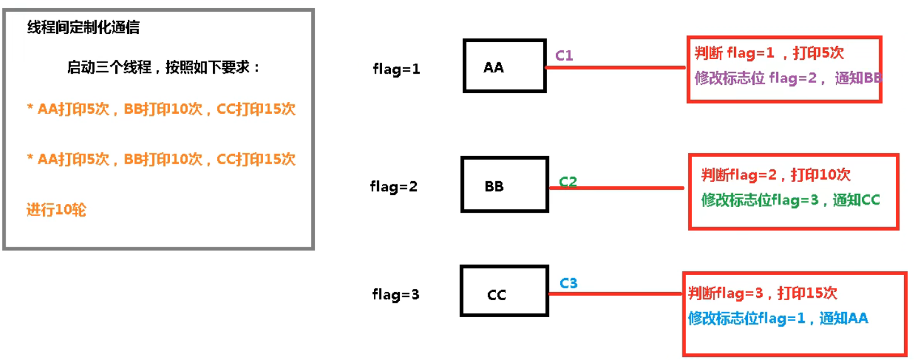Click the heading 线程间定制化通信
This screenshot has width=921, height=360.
(83, 28)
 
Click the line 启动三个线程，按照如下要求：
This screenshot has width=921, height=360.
(164, 67)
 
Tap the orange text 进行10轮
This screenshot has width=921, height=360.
(56, 210)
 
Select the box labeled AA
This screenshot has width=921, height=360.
(504, 66)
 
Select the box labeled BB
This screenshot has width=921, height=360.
(504, 184)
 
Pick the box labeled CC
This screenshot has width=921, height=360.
(504, 291)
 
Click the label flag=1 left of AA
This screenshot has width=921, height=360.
(396, 69)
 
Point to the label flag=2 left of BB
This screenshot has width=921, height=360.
(393, 187)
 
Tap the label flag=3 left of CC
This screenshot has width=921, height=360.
(395, 295)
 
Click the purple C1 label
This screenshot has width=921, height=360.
(564, 55)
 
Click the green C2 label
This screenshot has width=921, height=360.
(568, 182)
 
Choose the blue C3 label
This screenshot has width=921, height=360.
(568, 283)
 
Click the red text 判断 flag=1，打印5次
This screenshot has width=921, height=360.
(768, 53)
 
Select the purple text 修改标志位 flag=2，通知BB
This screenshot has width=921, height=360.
(788, 79)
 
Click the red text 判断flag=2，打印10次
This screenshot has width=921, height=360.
(776, 174)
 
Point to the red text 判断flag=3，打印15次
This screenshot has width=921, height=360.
(762, 293)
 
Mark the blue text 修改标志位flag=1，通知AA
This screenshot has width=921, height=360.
(777, 318)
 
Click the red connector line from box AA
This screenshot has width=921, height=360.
(617, 67)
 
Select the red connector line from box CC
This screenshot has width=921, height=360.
(617, 294)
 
